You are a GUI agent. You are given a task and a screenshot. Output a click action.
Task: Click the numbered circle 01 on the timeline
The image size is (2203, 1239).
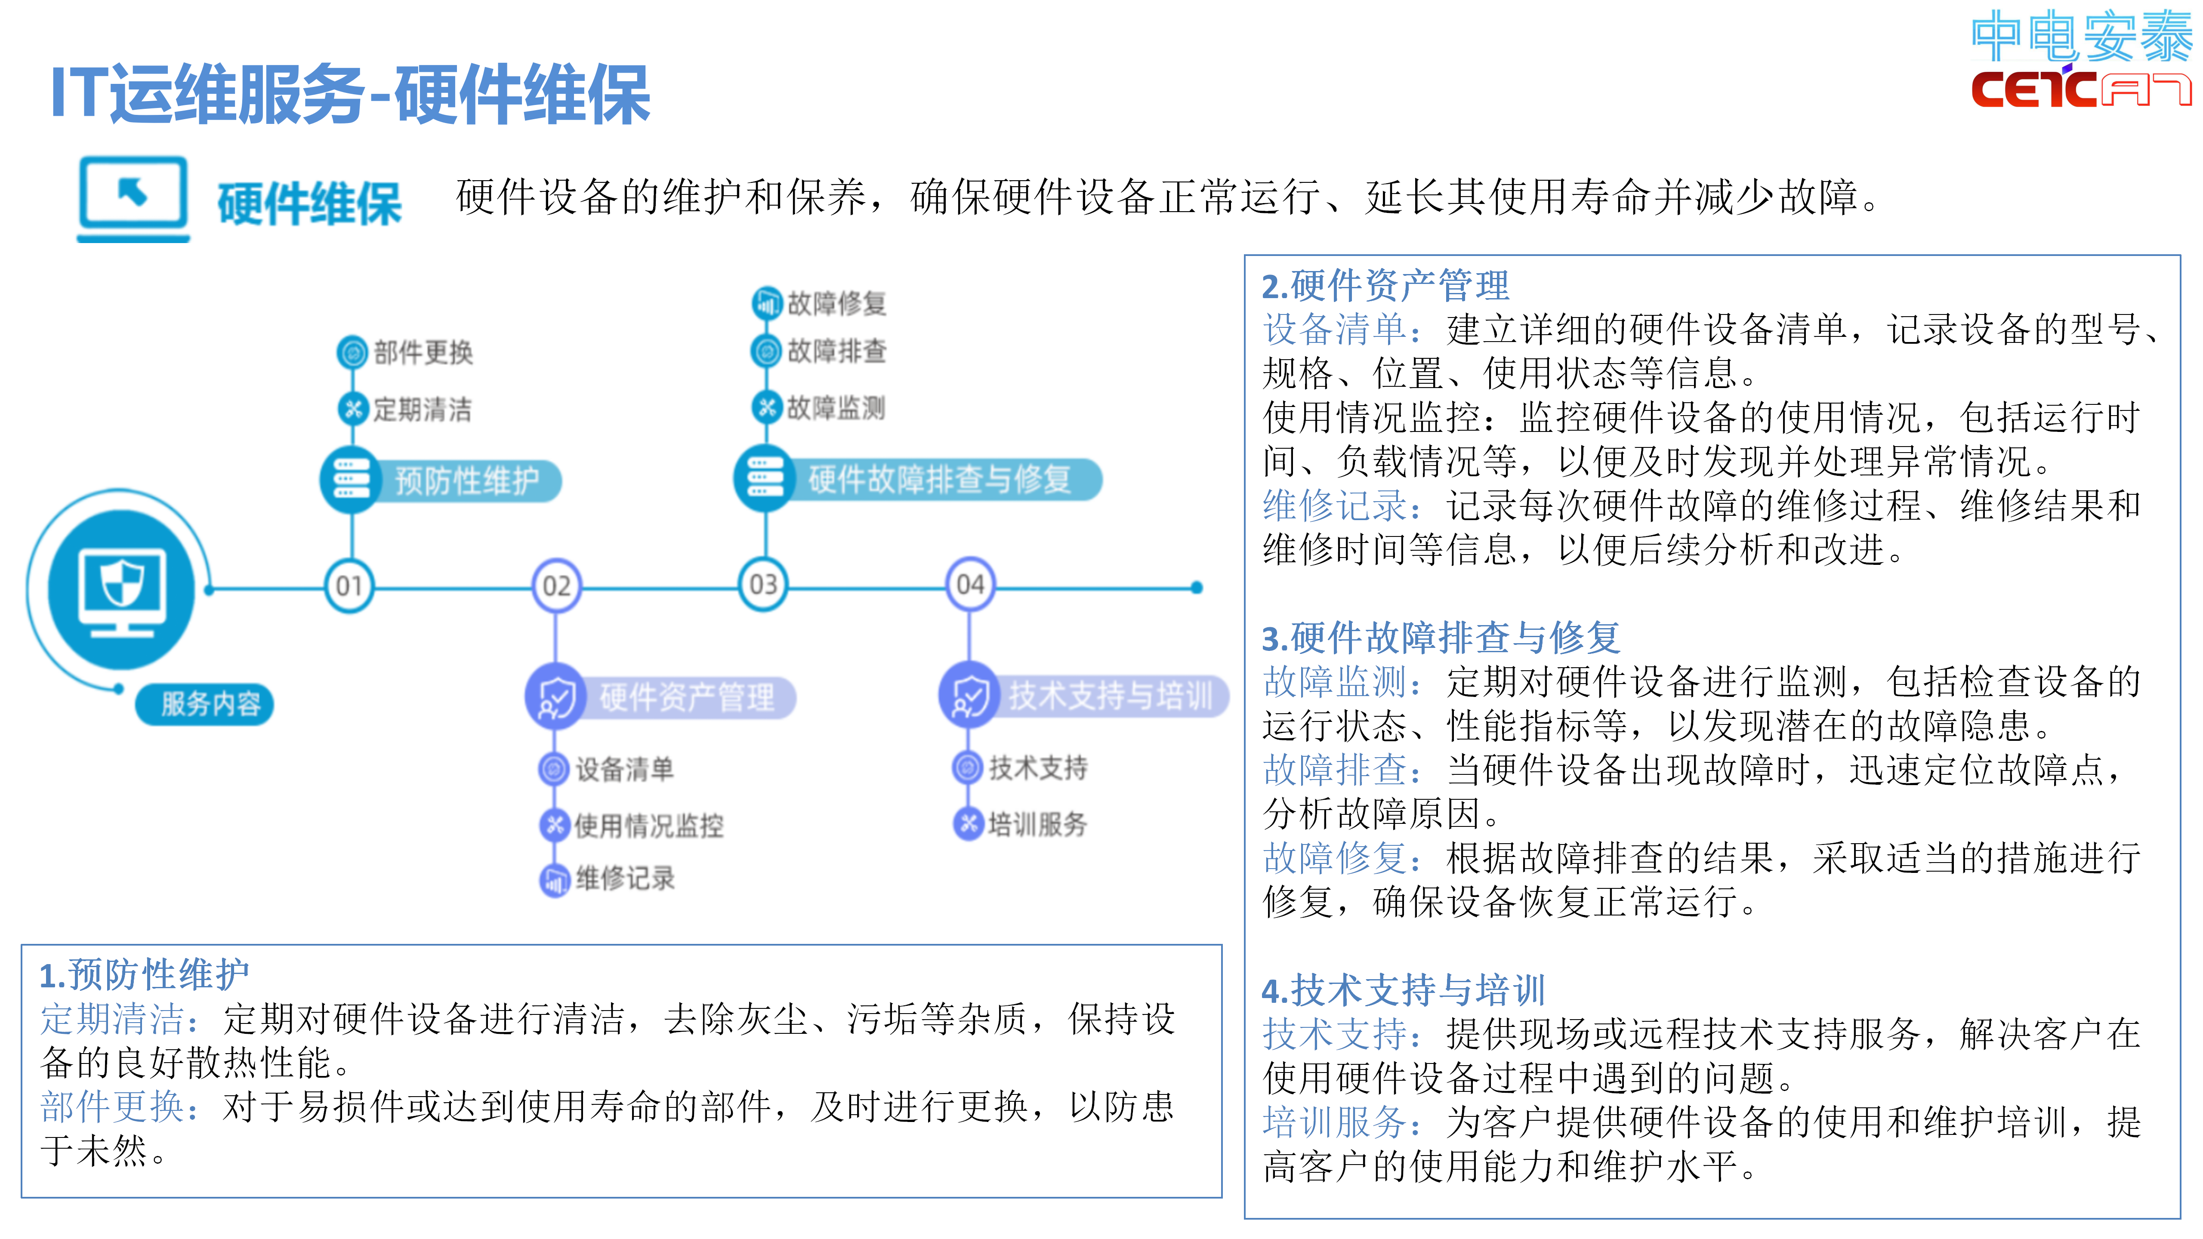pyautogui.click(x=349, y=586)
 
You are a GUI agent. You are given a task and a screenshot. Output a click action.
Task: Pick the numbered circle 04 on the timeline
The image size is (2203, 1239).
pyautogui.click(x=970, y=586)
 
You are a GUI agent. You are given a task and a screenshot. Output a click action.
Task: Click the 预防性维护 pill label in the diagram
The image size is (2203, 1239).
pyautogui.click(x=466, y=481)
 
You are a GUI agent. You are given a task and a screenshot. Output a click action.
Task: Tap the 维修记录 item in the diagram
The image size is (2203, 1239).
pyautogui.click(x=624, y=878)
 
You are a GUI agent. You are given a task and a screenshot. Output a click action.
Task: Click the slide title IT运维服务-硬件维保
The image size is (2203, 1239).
pyautogui.click(x=351, y=94)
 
